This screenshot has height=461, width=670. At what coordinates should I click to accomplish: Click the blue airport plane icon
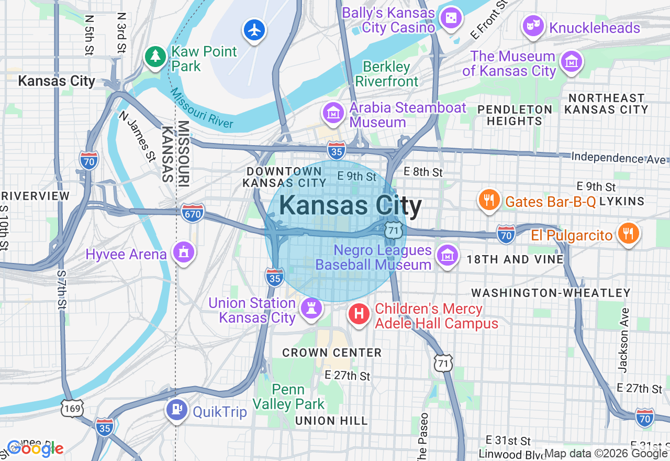tap(254, 30)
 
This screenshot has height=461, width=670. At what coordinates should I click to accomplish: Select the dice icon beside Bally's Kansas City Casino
tap(450, 19)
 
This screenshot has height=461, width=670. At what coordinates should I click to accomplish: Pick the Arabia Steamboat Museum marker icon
tap(333, 113)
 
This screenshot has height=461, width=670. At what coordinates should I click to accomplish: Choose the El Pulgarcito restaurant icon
tap(628, 234)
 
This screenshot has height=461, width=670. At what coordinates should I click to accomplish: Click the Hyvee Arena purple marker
tap(183, 253)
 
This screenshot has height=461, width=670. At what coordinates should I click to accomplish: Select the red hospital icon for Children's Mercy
tap(359, 314)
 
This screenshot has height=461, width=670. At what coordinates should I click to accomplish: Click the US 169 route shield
tap(72, 409)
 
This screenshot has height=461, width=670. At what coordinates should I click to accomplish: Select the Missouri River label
tap(202, 109)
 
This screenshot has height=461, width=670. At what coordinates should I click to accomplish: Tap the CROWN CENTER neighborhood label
tap(332, 353)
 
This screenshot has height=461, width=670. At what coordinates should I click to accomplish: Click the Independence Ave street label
tap(619, 157)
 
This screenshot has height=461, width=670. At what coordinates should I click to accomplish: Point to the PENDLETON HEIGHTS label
tap(515, 115)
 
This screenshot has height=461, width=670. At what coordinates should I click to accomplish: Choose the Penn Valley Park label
tap(288, 397)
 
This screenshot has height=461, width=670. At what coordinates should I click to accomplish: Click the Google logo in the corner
tap(35, 448)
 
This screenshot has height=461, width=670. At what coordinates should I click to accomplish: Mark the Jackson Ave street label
tap(623, 340)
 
